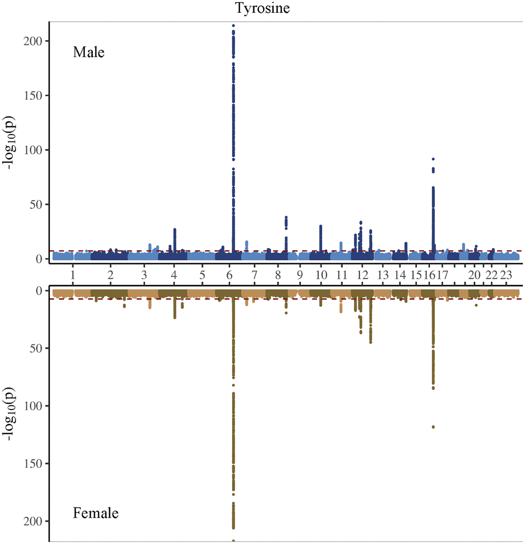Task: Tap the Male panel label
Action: tap(89, 52)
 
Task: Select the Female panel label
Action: tap(96, 513)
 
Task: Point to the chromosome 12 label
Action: tap(362, 274)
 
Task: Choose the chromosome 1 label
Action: tap(73, 274)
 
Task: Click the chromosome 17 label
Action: tap(442, 274)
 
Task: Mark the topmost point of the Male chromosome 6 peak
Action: tap(234, 25)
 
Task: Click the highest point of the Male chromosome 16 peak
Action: tap(433, 159)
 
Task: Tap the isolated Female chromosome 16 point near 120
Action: tap(433, 427)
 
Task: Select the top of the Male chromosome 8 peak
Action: tap(286, 217)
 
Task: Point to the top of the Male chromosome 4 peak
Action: tap(175, 230)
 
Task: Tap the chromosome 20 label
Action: tap(475, 274)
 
